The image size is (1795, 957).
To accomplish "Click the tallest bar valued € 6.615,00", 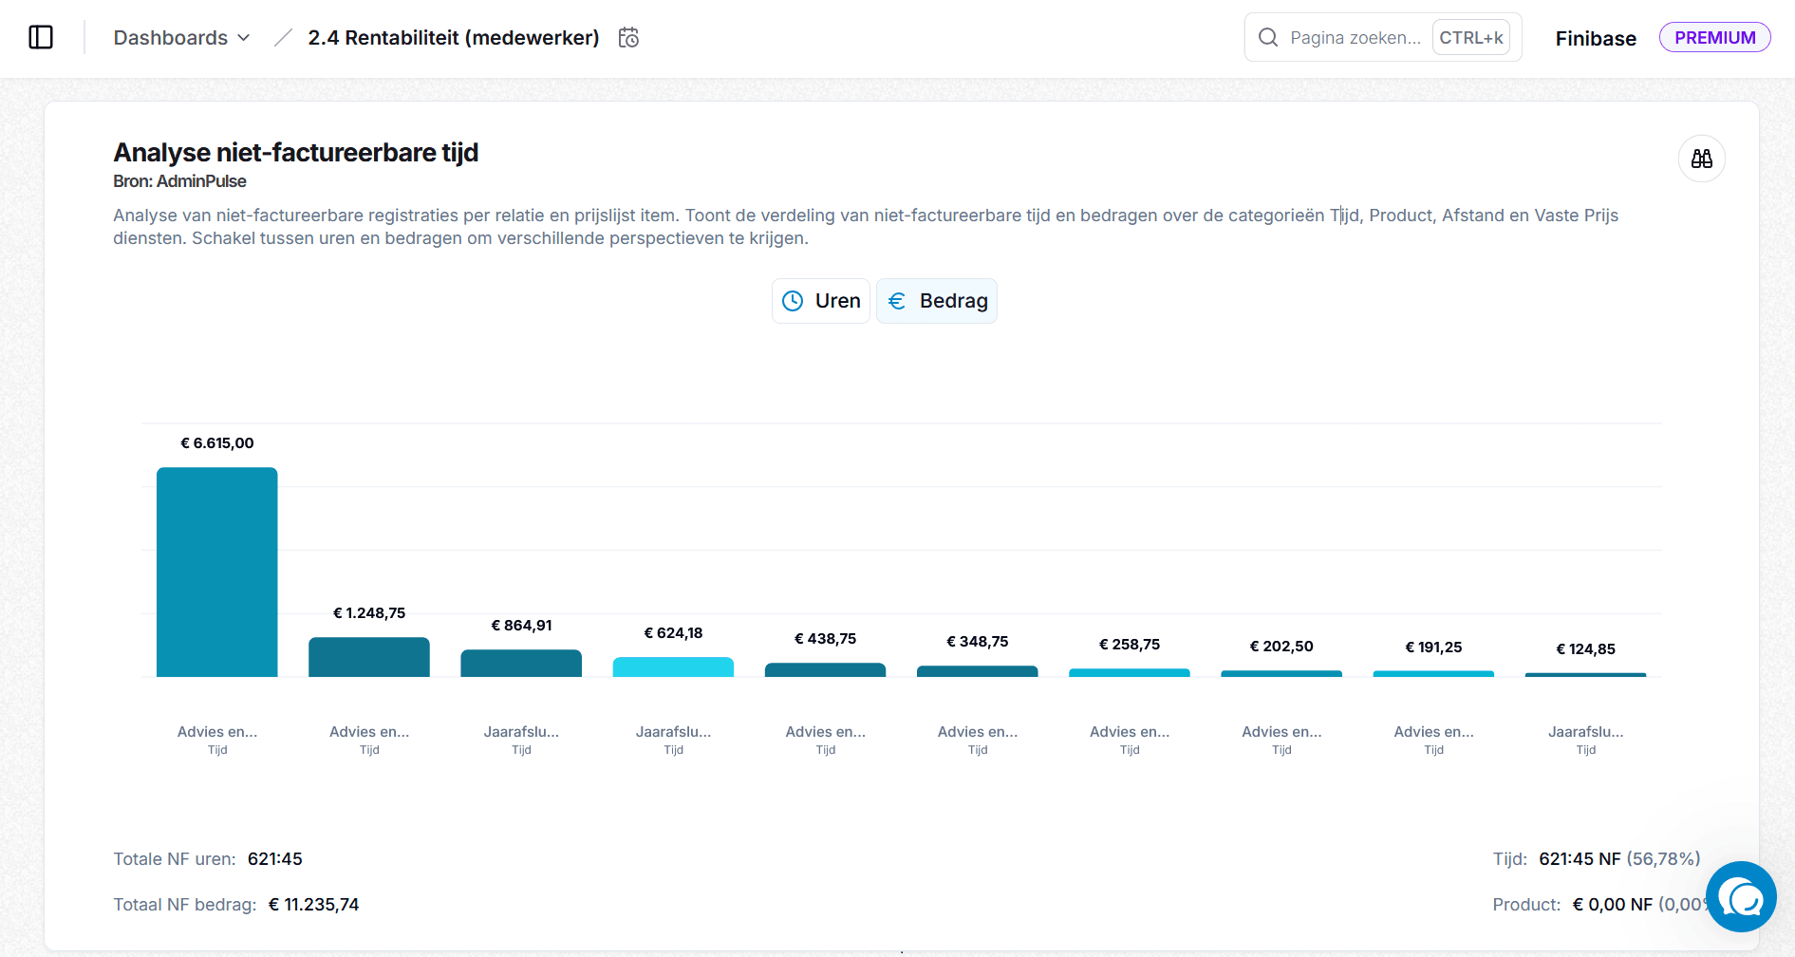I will click(216, 572).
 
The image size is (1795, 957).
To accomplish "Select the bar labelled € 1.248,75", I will click(368, 657).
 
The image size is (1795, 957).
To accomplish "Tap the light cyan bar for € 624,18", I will click(673, 666).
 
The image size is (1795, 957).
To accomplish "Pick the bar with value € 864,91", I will click(521, 663).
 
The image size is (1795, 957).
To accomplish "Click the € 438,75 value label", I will click(825, 639).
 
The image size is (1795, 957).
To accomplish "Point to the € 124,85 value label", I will click(1585, 649).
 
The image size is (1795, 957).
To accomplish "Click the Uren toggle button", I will click(821, 301).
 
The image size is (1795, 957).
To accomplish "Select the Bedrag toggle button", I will click(937, 301).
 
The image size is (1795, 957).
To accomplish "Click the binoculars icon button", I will click(1701, 159).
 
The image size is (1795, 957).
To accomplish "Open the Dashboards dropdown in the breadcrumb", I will click(181, 38).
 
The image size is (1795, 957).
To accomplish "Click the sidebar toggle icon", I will click(41, 38).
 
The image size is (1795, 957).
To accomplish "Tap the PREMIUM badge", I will click(1714, 38).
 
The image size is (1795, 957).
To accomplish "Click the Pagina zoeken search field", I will click(1355, 38).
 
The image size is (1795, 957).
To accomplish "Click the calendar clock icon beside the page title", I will click(628, 38).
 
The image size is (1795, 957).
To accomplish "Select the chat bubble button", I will click(1741, 896).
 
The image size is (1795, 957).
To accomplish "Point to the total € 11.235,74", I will click(313, 905).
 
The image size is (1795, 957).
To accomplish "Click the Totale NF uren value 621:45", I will click(274, 859).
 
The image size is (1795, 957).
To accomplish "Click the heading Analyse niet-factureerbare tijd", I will click(295, 153).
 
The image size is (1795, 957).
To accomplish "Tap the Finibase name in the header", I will click(1596, 39).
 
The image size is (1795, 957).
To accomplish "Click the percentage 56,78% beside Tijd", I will click(1663, 859).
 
